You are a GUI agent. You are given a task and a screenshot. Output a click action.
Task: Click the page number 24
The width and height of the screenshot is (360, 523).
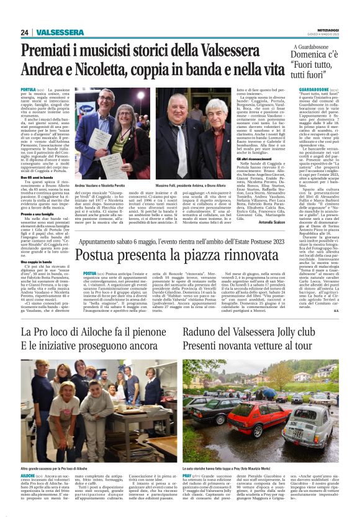pyautogui.click(x=25, y=32)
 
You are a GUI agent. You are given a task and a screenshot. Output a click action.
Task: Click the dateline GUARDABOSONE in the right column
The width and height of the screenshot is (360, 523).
pyautogui.click(x=300, y=90)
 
